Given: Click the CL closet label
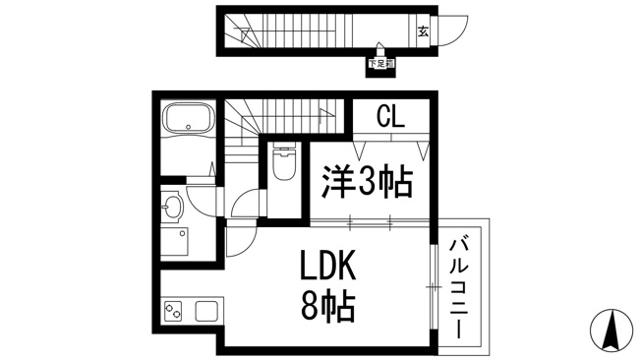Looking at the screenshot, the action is pos(390,116).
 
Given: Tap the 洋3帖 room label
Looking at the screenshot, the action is pos(367,182).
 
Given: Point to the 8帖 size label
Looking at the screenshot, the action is pos(327,307).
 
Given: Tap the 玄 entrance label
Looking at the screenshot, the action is pos(423,31).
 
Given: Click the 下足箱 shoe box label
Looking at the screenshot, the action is pos(381,64).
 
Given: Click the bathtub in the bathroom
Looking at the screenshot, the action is pos(189,117).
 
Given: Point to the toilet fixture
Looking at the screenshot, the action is pos(284,160).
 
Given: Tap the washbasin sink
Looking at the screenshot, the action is pos(173,207).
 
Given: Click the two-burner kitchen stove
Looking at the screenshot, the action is pos(173,312).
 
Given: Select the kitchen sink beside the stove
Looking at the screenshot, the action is pos(206,312).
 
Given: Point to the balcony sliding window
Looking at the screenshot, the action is pos(434,286).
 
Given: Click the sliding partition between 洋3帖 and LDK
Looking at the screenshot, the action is pos(370,222).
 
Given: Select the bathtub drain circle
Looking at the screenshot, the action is pos(188,127).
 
